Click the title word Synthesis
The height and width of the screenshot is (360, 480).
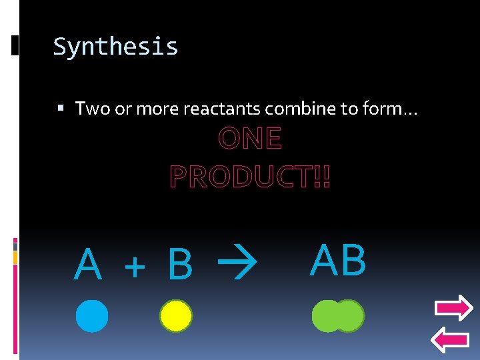coord(115,47)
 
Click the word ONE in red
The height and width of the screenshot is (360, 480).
coord(250,139)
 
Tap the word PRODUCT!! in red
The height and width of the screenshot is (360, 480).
coord(250,177)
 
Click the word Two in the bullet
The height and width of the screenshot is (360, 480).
coord(93,108)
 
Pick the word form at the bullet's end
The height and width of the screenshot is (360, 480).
coord(395,108)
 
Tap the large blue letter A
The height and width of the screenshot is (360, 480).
coord(88,265)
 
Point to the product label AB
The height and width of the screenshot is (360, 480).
coord(338,260)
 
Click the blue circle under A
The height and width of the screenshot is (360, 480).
coord(91,316)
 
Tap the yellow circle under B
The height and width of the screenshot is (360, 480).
coord(176,316)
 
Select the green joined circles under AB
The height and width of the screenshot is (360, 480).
coord(338,316)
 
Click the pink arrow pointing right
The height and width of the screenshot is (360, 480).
coord(453,308)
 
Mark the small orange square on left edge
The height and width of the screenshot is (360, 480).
coord(15,257)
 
